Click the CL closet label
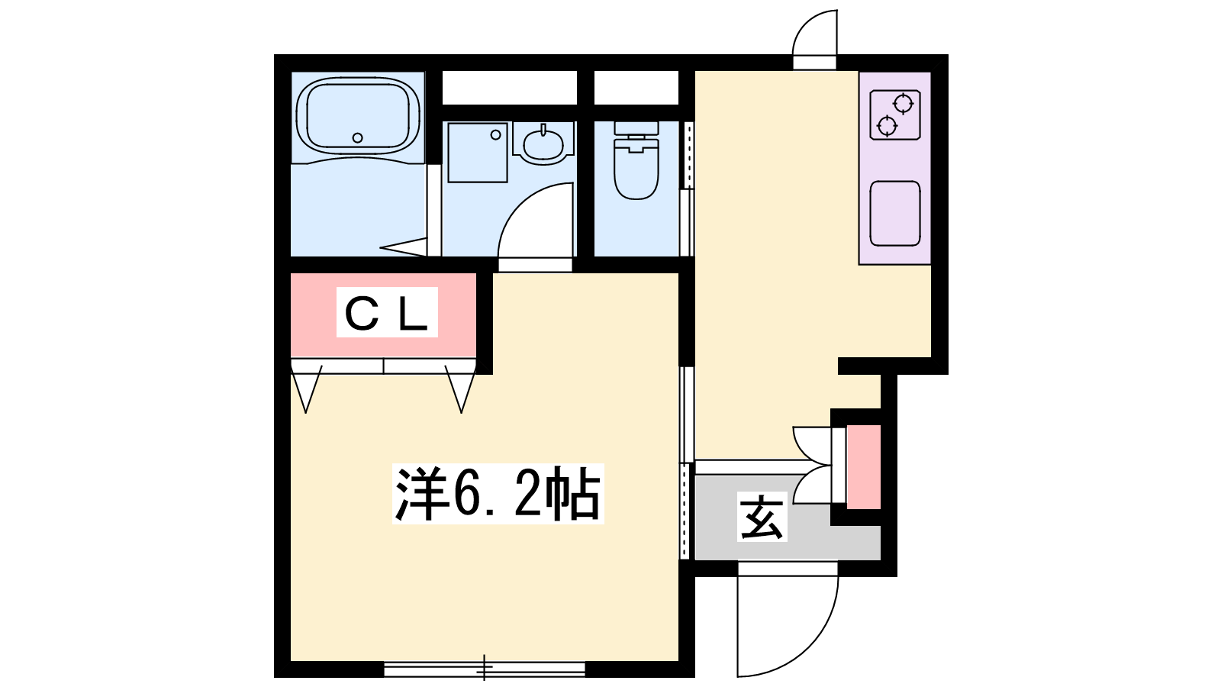[386, 313]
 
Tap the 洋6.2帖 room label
[498, 494]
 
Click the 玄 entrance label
[762, 516]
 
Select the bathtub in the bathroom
[358, 115]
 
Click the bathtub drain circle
[358, 138]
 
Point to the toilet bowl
[636, 167]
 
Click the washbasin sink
[543, 144]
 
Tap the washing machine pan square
[478, 152]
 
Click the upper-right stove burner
[904, 104]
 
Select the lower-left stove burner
[887, 127]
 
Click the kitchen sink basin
[895, 213]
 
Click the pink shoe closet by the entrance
[864, 466]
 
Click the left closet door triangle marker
[306, 389]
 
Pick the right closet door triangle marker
[461, 389]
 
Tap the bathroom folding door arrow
[404, 247]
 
